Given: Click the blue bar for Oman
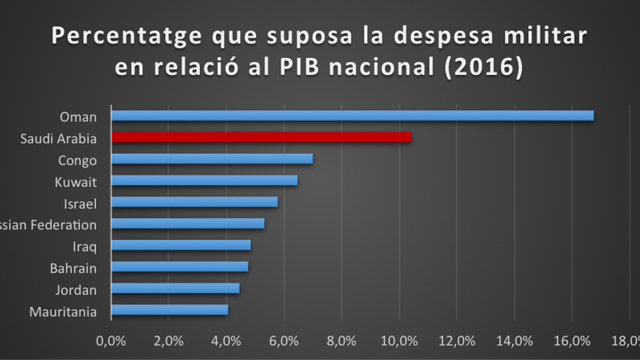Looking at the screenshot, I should point(352,116).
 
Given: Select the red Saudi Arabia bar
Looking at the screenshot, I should point(261,137).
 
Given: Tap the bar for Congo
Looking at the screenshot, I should point(212,159).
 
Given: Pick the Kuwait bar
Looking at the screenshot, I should point(204,180).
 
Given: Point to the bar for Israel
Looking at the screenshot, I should point(194,202).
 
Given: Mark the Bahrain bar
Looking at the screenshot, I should point(180,266).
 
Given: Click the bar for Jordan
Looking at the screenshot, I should point(175,288).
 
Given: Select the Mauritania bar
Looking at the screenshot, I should point(169,310).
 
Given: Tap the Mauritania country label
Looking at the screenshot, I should point(63,312).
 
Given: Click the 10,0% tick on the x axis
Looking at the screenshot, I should point(399,340).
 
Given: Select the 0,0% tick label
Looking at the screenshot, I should point(111,340).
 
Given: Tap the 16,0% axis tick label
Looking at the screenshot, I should point(572,340).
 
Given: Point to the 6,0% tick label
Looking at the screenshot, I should point(284,340).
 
